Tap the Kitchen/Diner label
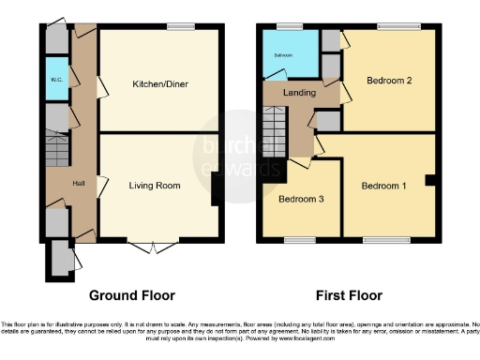click(x=160, y=84)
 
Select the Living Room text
click(x=155, y=186)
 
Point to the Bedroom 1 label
click(x=384, y=186)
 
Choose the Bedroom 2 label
click(x=390, y=81)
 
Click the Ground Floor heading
click(x=132, y=294)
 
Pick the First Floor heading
click(x=349, y=294)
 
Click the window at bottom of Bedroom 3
click(x=300, y=241)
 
